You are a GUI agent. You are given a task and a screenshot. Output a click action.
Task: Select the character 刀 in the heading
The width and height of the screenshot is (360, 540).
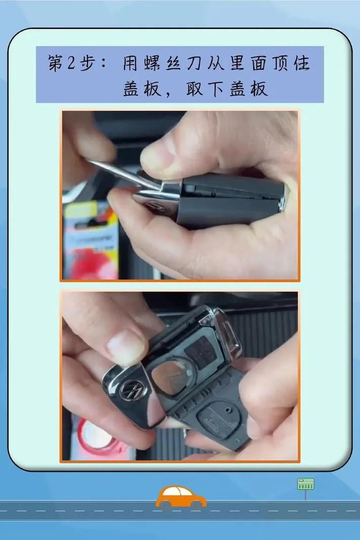tap(195, 63)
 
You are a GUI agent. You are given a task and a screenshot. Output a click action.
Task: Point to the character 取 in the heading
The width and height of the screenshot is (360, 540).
tap(194, 89)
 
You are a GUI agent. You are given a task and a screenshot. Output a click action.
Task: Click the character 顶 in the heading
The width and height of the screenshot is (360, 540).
tap(279, 63)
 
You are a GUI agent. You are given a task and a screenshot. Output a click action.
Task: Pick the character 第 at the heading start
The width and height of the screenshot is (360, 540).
tap(56, 63)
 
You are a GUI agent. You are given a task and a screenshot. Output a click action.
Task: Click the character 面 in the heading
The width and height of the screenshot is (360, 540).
tap(258, 63)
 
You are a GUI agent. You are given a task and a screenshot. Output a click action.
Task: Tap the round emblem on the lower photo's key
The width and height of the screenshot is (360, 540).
tap(133, 390)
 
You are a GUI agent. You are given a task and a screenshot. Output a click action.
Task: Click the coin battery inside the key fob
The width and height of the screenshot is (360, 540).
tap(172, 377)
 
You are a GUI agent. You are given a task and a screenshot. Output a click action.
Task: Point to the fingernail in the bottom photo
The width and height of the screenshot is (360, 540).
tap(126, 347)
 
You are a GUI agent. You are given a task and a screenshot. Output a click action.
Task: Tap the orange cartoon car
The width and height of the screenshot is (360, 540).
tap(181, 497)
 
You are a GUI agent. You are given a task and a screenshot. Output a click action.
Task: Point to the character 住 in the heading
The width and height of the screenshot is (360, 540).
tap(301, 63)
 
